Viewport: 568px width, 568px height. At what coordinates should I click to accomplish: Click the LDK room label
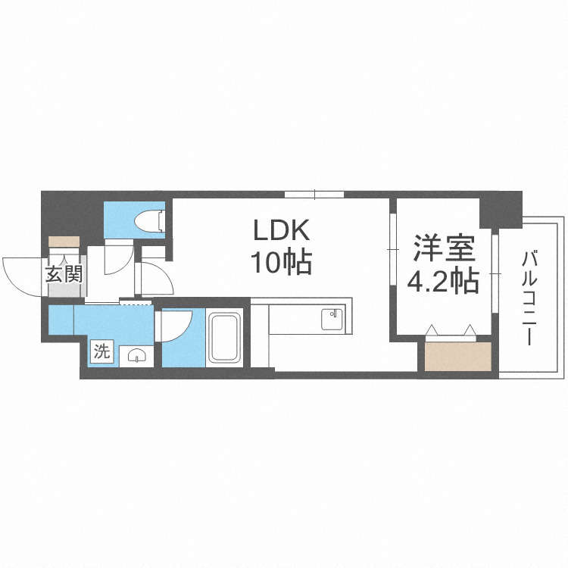[x=280, y=230]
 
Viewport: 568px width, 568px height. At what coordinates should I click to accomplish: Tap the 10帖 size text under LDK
[x=280, y=262]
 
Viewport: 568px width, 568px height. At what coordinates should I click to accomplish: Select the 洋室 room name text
[x=443, y=248]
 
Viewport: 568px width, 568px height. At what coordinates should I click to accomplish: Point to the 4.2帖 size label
[x=443, y=281]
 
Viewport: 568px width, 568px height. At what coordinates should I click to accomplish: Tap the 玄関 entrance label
[x=64, y=275]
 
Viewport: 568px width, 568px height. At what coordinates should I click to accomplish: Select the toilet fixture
[x=149, y=220]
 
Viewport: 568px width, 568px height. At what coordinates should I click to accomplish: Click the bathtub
[x=225, y=338]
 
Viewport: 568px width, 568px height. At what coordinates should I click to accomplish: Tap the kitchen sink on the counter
[x=332, y=319]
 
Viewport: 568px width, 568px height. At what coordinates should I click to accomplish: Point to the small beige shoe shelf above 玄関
[x=64, y=242]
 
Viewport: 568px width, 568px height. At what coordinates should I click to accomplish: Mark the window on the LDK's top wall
[x=314, y=194]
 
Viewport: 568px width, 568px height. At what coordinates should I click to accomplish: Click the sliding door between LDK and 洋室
[x=392, y=250]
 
